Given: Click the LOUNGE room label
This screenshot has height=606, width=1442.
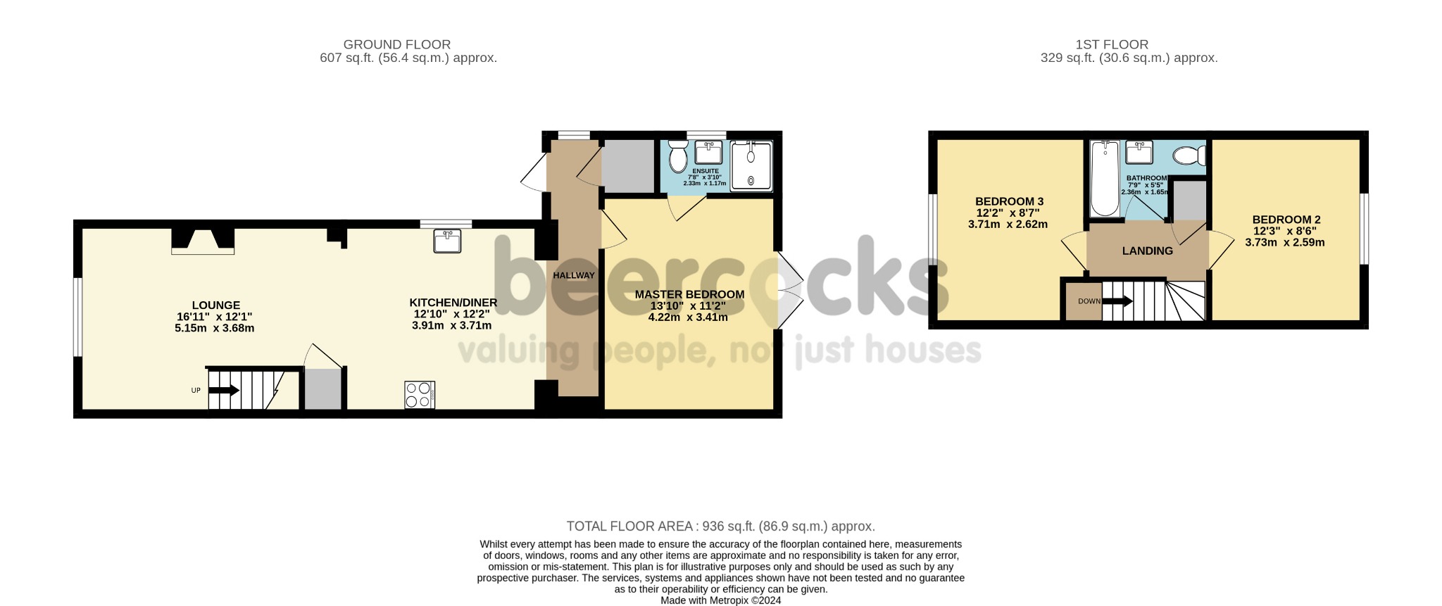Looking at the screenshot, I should tap(216, 305).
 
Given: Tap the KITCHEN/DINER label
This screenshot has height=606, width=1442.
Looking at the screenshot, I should tap(453, 303).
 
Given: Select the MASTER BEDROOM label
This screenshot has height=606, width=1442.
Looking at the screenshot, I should tap(689, 294).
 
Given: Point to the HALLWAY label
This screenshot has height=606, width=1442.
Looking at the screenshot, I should tap(573, 275).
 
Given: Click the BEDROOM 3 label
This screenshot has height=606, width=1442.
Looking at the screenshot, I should tap(1008, 201).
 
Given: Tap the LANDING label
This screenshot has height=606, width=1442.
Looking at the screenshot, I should tap(1147, 251).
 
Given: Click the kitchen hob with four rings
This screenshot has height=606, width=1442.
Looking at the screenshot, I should tap(420, 394).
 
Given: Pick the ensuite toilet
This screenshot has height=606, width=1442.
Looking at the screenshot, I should tap(679, 156).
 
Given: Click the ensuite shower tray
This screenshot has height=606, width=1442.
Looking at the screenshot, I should tap(751, 166).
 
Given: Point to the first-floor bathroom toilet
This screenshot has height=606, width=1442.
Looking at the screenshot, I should tap(1191, 154).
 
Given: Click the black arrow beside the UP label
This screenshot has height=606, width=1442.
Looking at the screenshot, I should tap(225, 390).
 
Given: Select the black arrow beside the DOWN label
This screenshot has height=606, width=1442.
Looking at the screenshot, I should tap(1117, 301).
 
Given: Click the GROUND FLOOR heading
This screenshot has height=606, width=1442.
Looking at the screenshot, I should tap(396, 44).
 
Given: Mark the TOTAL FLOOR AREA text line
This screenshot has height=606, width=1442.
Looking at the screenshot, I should tap(720, 526).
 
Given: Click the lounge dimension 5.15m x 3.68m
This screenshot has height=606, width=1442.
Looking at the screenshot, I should tap(214, 328).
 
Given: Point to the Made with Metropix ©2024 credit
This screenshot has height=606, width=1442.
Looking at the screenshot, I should tap(720, 600).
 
